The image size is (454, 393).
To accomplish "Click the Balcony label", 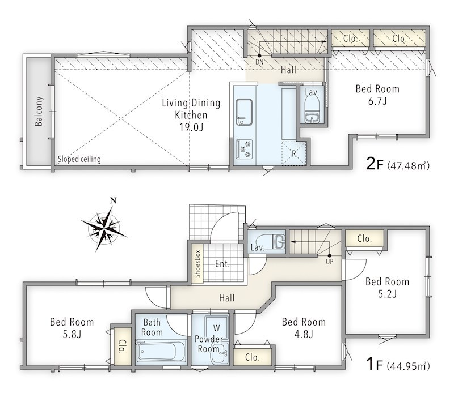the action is pyautogui.click(x=39, y=111).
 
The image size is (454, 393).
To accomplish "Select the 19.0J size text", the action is pyautogui.click(x=191, y=127).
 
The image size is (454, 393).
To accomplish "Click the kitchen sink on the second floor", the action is pyautogui.click(x=244, y=112).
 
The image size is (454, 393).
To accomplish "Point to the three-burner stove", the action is pyautogui.click(x=244, y=149).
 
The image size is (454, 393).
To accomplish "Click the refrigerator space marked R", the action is pyautogui.click(x=294, y=153).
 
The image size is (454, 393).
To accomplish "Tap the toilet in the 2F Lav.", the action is pyautogui.click(x=312, y=110).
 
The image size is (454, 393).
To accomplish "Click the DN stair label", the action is pyautogui.click(x=259, y=62).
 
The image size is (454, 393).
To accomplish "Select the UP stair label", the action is pyautogui.click(x=330, y=262).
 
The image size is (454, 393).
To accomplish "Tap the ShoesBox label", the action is pyautogui.click(x=197, y=264).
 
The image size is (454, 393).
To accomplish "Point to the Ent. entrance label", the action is pyautogui.click(x=222, y=263).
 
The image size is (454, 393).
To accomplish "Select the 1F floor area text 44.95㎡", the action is pyautogui.click(x=408, y=366).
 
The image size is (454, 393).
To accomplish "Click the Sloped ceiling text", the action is pyautogui.click(x=79, y=159).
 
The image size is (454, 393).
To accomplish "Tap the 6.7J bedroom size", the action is pyautogui.click(x=377, y=101).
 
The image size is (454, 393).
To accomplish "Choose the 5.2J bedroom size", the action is pyautogui.click(x=387, y=294).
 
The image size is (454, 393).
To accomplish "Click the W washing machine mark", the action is pyautogui.click(x=217, y=328).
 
